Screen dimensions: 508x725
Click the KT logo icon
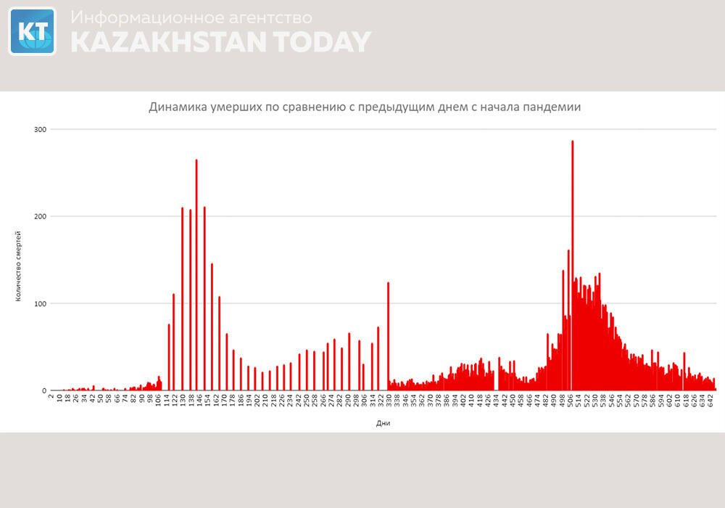click(32, 31)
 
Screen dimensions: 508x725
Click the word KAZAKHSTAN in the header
click(167, 42)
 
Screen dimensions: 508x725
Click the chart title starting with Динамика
click(365, 107)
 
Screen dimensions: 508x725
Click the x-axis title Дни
click(384, 422)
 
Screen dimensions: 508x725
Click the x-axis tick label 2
click(51, 396)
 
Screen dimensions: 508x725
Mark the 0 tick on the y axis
click(43, 390)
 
